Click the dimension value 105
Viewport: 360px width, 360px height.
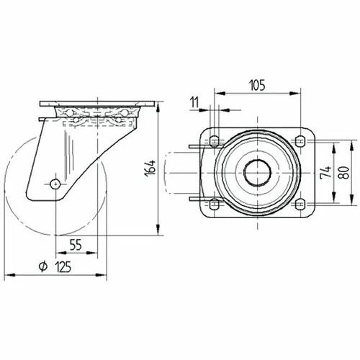tap(257, 85)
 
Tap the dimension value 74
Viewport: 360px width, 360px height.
tap(325, 173)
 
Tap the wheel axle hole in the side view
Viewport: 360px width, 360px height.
tap(55, 184)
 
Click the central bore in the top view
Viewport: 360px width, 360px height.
tap(257, 173)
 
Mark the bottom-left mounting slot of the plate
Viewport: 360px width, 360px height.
tap(215, 204)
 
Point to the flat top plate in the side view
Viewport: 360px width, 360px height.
tap(96, 104)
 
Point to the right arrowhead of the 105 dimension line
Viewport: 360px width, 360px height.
tap(297, 92)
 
